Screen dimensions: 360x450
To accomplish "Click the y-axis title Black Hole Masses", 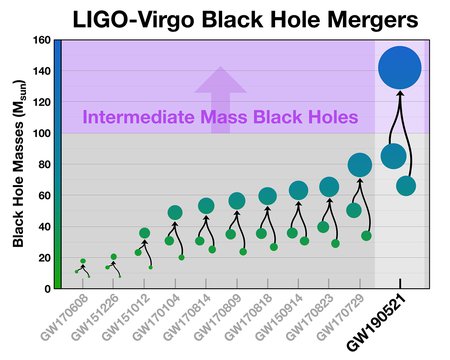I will coord(19,165).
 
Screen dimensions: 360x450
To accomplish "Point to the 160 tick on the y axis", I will coord(43,41).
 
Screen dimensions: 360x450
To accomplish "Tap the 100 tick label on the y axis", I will coord(43,133).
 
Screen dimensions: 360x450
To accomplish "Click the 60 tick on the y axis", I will coord(45,195).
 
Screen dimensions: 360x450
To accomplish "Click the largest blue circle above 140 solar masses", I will coord(400,67).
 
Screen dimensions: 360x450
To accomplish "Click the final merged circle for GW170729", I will coord(359,165).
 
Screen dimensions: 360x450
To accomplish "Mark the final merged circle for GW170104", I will coord(175,212).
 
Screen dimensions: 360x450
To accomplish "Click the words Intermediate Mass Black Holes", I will coord(220,118).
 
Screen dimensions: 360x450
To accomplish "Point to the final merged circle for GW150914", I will coord(298,190).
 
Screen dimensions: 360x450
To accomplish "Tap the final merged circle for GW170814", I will coord(206,206).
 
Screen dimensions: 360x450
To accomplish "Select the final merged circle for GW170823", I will coord(329,186).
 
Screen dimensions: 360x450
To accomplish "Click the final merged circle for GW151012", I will coord(144,233).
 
